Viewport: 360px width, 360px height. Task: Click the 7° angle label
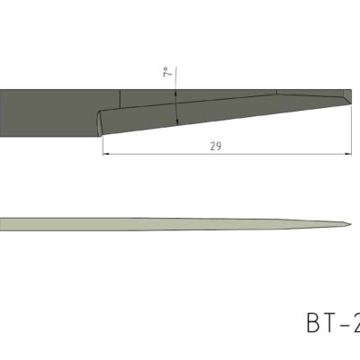tap(167, 72)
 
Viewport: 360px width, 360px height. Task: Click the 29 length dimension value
tap(215, 145)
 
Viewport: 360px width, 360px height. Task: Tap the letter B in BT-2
tap(315, 323)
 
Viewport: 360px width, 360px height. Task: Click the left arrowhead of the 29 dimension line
tap(104, 153)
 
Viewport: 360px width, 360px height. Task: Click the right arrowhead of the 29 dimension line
tap(348, 153)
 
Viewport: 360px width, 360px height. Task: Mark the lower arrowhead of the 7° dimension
tap(176, 121)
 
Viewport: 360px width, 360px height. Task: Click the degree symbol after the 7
tap(167, 67)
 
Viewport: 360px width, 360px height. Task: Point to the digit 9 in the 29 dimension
tap(219, 145)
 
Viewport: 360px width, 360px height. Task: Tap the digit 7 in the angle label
tap(167, 75)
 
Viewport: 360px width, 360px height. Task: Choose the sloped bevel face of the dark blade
tap(225, 111)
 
